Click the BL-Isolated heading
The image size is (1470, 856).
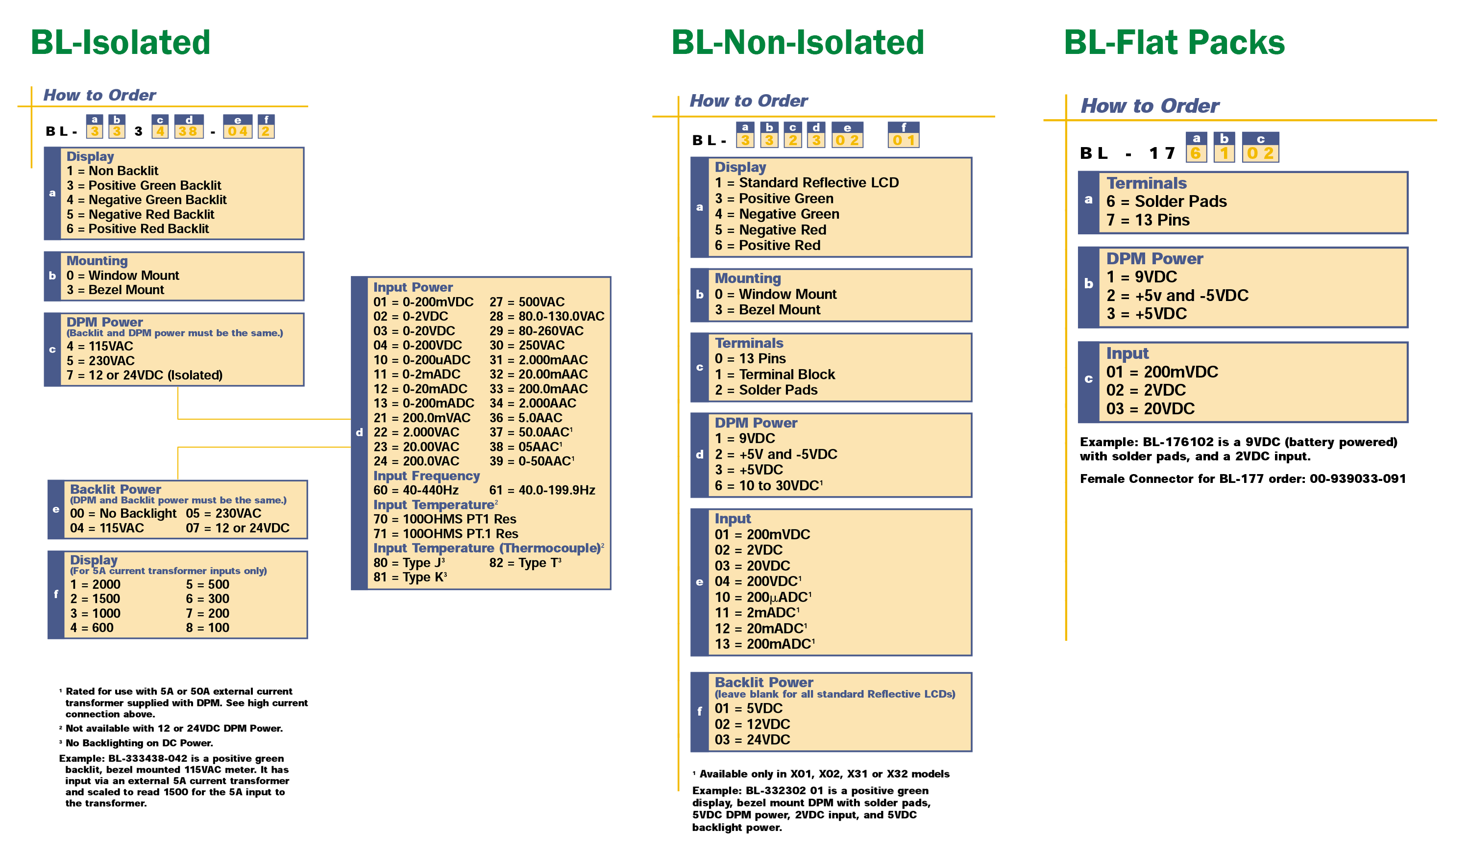pyautogui.click(x=120, y=43)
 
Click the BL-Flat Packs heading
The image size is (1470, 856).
pyautogui.click(x=1174, y=43)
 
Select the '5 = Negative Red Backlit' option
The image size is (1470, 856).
pyautogui.click(x=140, y=214)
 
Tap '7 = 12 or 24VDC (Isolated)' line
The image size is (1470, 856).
pyautogui.click(x=144, y=375)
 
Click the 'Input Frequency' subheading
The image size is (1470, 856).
pyautogui.click(x=426, y=476)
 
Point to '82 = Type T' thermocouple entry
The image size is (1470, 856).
pyautogui.click(x=524, y=562)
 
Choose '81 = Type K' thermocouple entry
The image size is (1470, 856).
pyautogui.click(x=410, y=577)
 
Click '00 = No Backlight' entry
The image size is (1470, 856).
pyautogui.click(x=123, y=513)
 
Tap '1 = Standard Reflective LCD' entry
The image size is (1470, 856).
pyautogui.click(x=807, y=183)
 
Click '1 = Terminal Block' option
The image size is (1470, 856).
pyautogui.click(x=775, y=375)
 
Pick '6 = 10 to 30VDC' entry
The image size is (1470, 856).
pyautogui.click(x=768, y=485)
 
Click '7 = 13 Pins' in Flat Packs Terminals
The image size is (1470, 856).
pyautogui.click(x=1148, y=220)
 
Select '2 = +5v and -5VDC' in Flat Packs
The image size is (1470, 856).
pyautogui.click(x=1177, y=295)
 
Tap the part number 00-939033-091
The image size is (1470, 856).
pyautogui.click(x=1357, y=479)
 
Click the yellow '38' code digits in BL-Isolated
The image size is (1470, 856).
pyautogui.click(x=188, y=131)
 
